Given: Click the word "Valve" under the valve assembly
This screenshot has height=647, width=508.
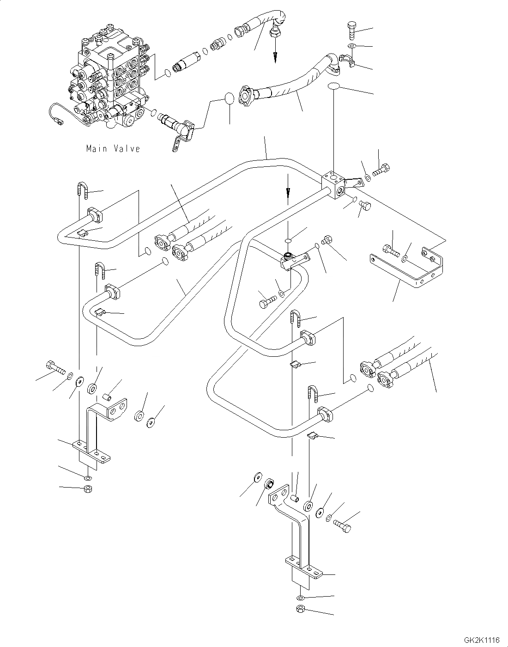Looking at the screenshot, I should (x=126, y=149).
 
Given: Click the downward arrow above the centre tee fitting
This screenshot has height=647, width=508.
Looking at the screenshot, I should (x=287, y=189).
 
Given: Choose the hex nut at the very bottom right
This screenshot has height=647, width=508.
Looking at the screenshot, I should (x=300, y=608).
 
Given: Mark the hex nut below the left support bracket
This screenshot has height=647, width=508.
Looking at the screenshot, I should (x=88, y=489).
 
